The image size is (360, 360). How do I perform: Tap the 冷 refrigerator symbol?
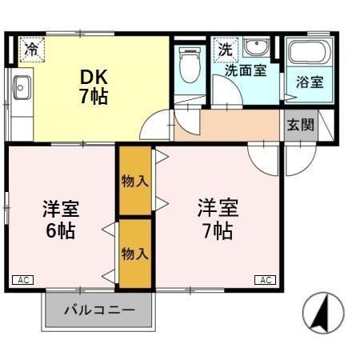30,49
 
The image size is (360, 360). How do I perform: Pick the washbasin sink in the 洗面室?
257,47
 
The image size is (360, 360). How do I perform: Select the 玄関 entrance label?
300,125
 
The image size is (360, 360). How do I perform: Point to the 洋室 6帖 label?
60,219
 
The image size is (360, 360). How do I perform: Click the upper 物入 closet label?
134,181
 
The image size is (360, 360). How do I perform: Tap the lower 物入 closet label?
134,254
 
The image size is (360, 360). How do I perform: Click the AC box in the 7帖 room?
266,279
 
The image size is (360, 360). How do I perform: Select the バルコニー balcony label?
99,310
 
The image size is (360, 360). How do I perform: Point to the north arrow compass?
322,313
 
